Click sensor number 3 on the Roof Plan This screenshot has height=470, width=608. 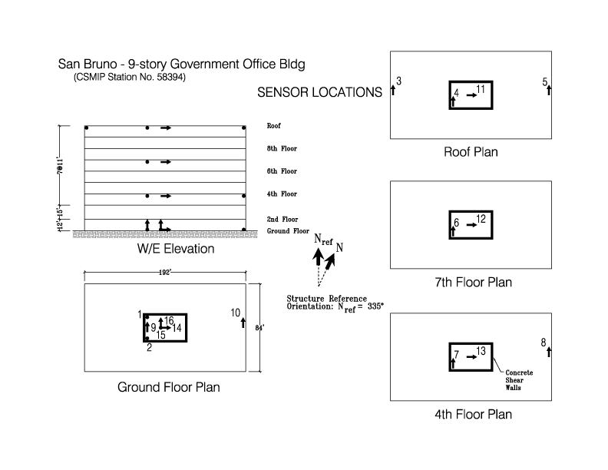(398, 81)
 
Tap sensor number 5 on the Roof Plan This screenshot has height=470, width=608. (545, 82)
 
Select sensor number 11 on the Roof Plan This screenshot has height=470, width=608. (481, 90)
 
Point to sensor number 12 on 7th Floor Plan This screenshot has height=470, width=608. (481, 219)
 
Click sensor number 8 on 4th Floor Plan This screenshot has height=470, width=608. (544, 343)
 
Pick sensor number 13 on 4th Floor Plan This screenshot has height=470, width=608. (481, 351)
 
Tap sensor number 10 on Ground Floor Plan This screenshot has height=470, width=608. (236, 313)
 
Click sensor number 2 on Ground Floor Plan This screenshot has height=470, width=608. (149, 348)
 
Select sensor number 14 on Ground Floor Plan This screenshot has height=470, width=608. (177, 328)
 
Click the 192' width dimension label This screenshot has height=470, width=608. (165, 273)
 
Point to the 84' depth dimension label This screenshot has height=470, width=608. (259, 328)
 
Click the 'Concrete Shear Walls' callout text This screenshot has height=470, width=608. (519, 380)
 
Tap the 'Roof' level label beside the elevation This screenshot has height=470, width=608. (273, 126)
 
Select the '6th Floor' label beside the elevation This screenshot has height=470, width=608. (282, 171)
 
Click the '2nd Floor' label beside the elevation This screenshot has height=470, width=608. (283, 219)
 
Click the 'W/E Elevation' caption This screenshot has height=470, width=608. (176, 249)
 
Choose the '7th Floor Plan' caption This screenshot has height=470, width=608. (473, 282)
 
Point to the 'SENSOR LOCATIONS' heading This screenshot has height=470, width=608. (319, 92)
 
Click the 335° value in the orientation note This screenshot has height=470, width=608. (375, 306)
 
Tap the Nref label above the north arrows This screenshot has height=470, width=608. (323, 240)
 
